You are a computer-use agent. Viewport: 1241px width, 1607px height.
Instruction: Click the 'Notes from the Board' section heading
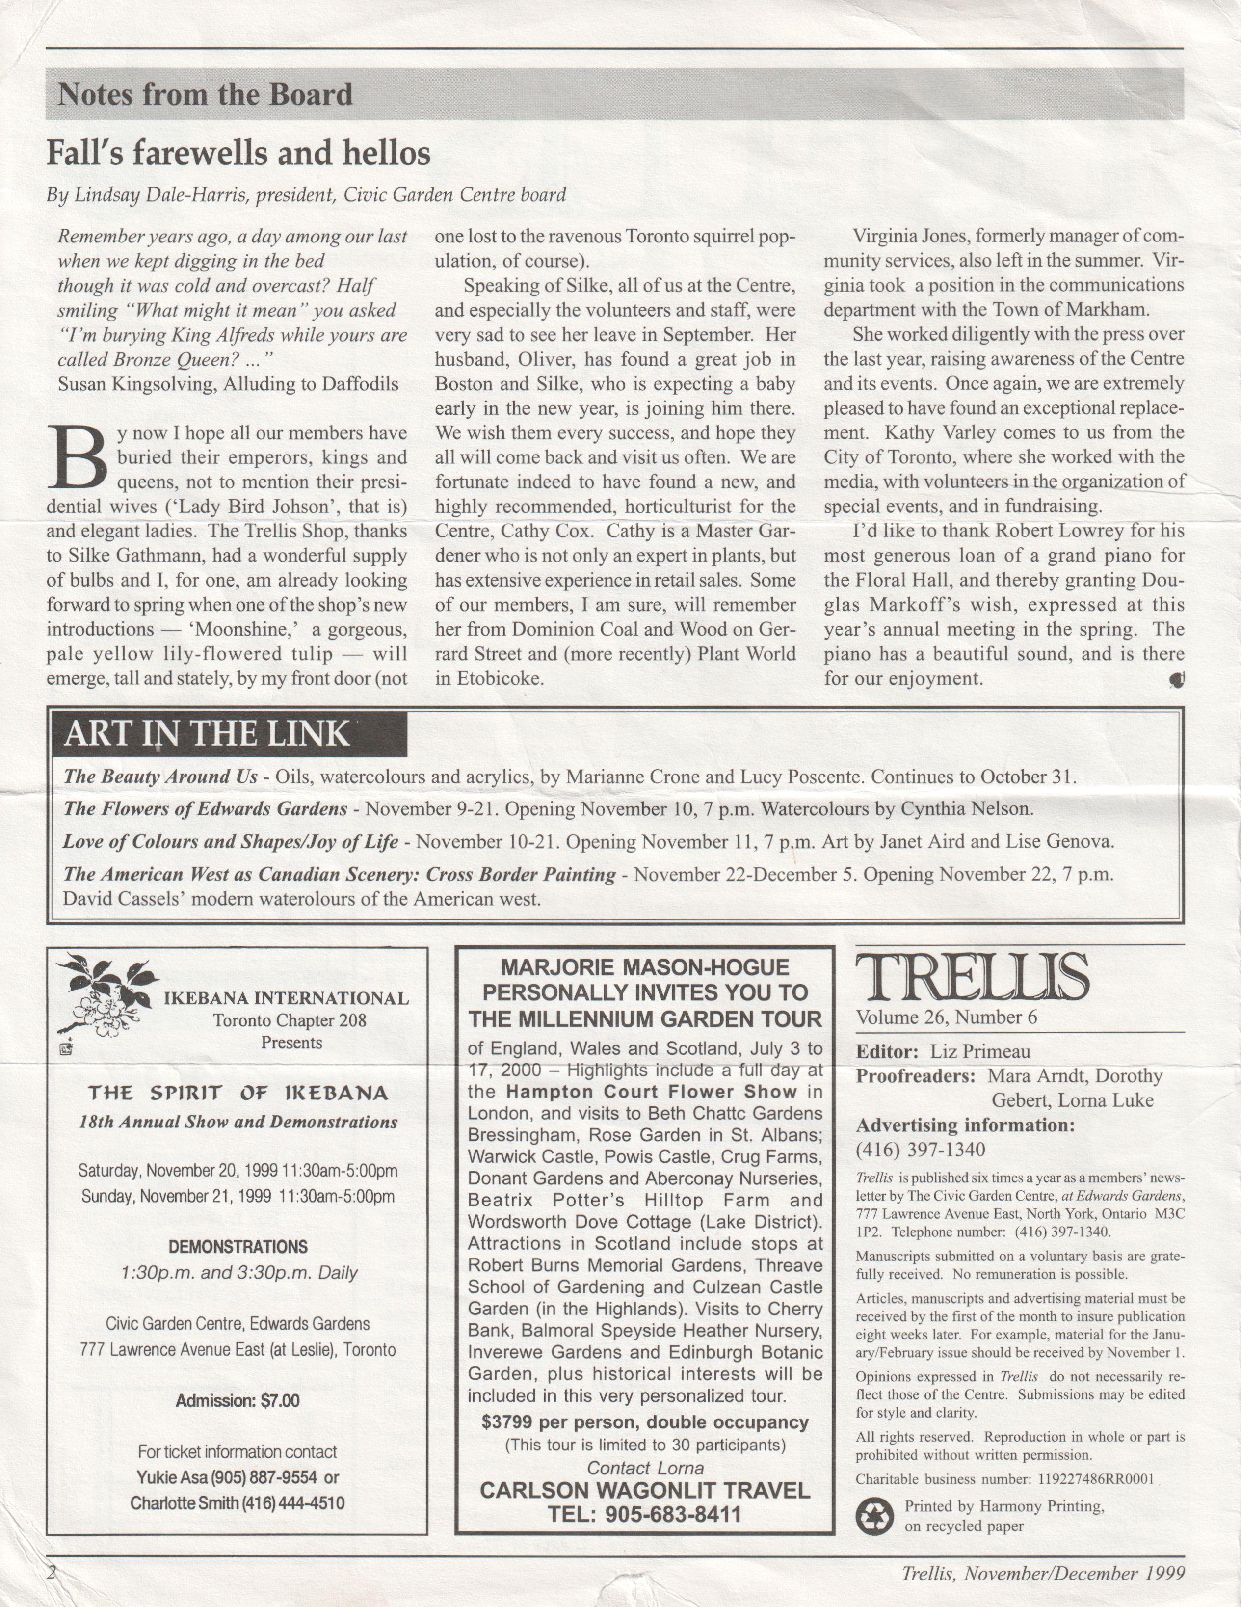(205, 95)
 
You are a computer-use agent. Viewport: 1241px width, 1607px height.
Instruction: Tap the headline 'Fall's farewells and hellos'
(238, 154)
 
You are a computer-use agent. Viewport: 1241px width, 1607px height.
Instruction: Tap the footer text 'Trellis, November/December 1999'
(1043, 1574)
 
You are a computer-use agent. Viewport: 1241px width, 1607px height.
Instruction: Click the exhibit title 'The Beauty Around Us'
(160, 777)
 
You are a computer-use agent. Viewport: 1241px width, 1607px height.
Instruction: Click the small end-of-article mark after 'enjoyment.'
(1176, 681)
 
